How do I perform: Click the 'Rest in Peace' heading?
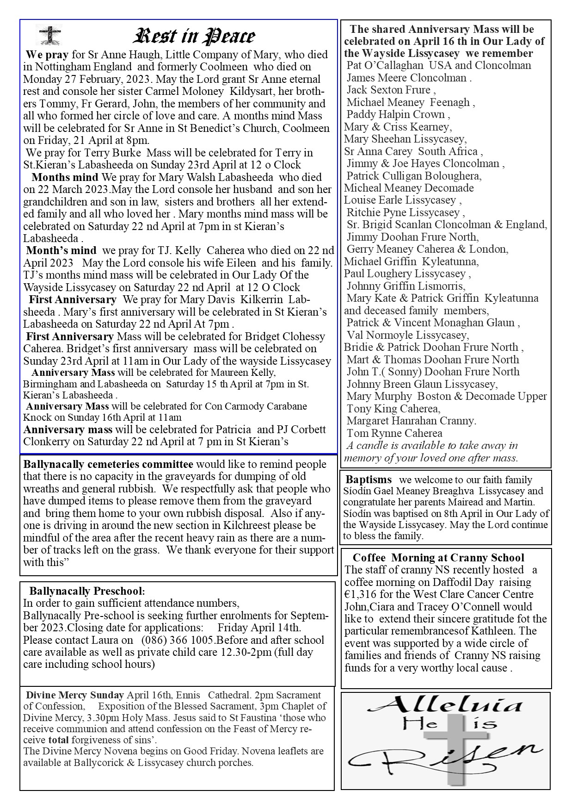[194, 36]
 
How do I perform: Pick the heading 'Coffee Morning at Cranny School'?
[438, 558]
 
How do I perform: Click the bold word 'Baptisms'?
[368, 479]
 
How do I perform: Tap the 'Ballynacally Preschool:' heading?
[87, 591]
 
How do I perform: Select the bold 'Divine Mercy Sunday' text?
[75, 695]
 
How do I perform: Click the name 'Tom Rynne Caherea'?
[394, 433]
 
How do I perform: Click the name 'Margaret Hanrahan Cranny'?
[411, 421]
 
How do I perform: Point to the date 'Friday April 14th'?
[258, 628]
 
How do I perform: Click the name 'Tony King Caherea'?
[393, 409]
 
